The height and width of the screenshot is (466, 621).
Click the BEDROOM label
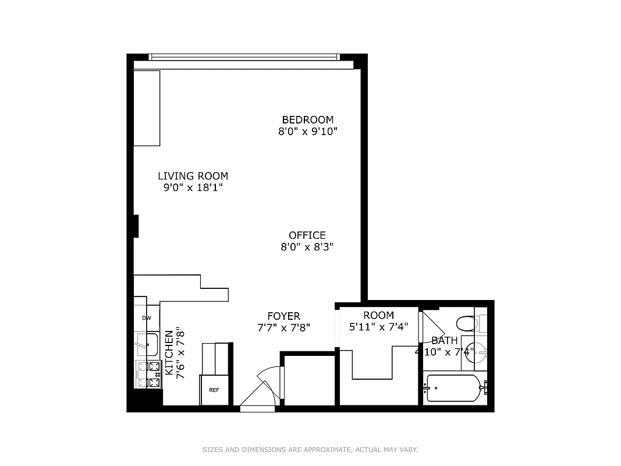(x=307, y=119)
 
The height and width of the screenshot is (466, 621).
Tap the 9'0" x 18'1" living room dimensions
(x=193, y=188)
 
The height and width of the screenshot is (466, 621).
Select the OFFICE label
(x=307, y=235)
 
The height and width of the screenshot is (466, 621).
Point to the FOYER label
(x=283, y=316)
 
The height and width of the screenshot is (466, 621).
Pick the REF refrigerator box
(x=214, y=389)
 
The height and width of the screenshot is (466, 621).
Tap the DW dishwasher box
(x=147, y=318)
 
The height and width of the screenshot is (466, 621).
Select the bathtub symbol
(x=453, y=387)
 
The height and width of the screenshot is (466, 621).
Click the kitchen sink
(x=148, y=344)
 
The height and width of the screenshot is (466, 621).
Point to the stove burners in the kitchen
(x=150, y=375)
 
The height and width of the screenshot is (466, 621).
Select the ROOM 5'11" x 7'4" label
(x=378, y=321)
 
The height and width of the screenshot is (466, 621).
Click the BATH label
(x=444, y=340)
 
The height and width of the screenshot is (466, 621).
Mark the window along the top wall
(x=244, y=57)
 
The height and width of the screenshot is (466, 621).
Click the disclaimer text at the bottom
(x=310, y=450)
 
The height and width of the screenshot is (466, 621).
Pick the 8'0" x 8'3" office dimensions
(x=307, y=247)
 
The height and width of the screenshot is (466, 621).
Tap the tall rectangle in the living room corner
(x=147, y=108)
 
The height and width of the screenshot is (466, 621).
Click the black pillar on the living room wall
(x=136, y=226)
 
